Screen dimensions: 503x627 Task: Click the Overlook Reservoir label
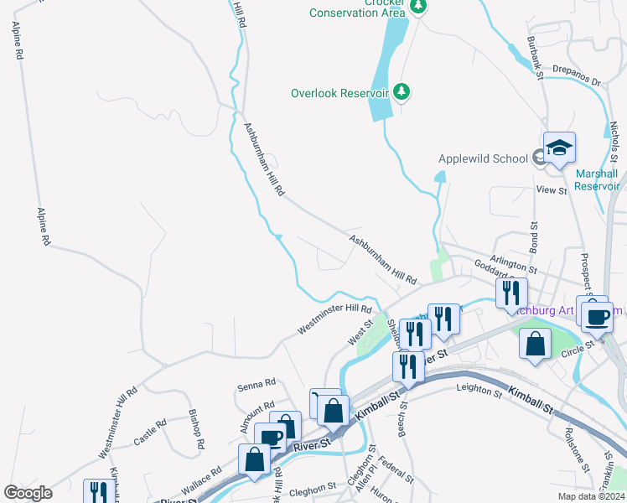pos(339,93)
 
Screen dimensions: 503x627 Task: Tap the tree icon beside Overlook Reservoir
pos(402,91)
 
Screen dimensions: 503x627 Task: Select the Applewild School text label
pos(482,158)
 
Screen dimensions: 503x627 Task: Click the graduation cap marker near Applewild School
pos(559,150)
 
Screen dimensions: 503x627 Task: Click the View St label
pos(552,190)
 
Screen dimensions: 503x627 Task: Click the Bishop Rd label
pos(195,429)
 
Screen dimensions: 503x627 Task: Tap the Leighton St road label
pos(477,387)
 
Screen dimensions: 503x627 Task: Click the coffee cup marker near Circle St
pos(597,318)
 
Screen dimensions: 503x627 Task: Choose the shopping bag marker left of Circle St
pos(535,345)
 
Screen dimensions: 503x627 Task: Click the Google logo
pos(28,493)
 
